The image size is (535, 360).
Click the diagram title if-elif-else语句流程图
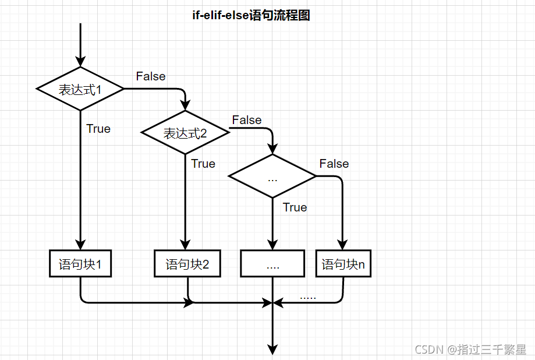(x=251, y=16)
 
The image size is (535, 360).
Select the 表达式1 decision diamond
(x=80, y=89)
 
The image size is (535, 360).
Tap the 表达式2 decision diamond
(x=185, y=133)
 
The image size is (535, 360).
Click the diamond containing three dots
(x=272, y=177)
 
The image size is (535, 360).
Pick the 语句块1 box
(x=80, y=264)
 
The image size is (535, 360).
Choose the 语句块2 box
(x=187, y=264)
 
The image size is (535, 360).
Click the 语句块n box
(x=343, y=264)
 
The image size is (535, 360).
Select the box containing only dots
(x=272, y=264)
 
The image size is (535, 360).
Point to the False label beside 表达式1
(x=151, y=76)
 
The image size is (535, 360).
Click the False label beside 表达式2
(x=247, y=120)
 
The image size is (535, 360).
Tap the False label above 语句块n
(x=334, y=164)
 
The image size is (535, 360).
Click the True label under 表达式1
(x=98, y=129)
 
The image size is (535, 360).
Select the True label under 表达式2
(x=203, y=164)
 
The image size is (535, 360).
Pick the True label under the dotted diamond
(x=295, y=207)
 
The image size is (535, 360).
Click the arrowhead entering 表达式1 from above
(x=80, y=62)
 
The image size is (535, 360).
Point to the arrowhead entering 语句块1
(x=80, y=245)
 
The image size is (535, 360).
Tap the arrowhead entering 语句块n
(x=343, y=245)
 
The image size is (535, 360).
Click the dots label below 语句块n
(x=308, y=297)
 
